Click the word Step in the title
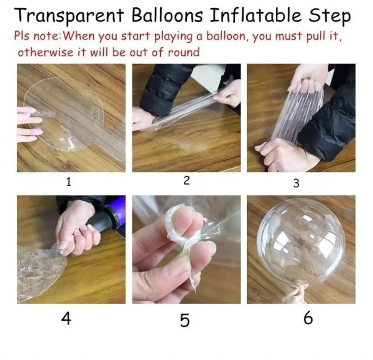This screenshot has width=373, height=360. click(330, 16)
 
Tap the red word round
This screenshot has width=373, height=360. click(184, 52)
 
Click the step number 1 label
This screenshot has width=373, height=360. click(68, 182)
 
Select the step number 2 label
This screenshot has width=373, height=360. click(187, 180)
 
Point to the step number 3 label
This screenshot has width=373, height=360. click(296, 183)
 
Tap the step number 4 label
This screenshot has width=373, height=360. click(66, 319)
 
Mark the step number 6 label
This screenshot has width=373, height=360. click(308, 318)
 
